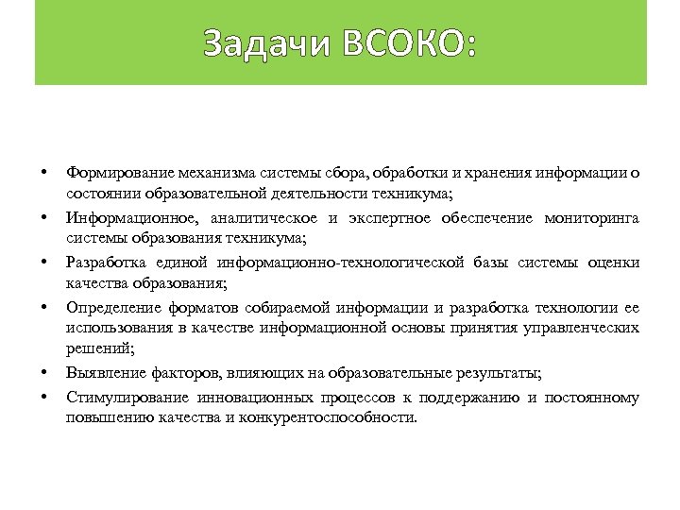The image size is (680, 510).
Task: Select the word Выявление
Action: pos(99,374)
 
